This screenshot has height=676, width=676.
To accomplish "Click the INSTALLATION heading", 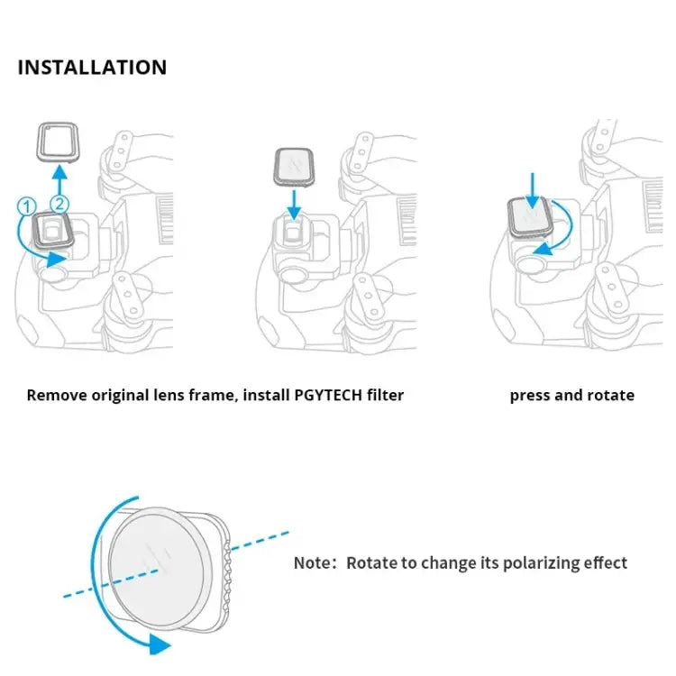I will tap(92, 68).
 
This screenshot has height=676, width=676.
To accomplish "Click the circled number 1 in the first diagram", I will tap(27, 206).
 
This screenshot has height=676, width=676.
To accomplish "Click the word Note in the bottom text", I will tap(312, 562).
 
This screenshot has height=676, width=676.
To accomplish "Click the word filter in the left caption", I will tap(382, 395).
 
